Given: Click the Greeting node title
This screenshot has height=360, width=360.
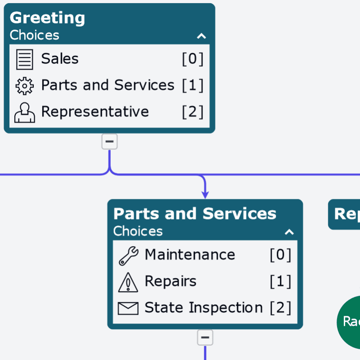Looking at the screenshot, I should (x=47, y=18).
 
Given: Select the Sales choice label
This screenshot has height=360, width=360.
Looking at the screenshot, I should (x=60, y=58).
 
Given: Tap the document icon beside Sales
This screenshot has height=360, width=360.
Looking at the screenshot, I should (x=25, y=59).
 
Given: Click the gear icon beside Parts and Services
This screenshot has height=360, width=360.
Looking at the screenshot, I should (x=25, y=85).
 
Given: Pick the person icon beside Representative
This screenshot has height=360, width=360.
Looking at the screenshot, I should (x=25, y=112).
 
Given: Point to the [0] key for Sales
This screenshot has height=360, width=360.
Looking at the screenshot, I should (x=193, y=58).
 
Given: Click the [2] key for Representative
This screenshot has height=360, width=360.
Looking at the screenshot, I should (x=193, y=112).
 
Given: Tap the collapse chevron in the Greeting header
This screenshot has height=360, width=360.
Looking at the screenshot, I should (x=201, y=36).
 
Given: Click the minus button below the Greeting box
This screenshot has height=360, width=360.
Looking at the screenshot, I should (x=109, y=142).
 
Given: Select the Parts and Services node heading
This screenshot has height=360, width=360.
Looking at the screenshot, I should (x=195, y=213).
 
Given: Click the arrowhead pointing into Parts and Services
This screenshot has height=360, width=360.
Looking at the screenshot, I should (x=205, y=194).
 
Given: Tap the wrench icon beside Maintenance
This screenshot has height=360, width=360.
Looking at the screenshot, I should (x=129, y=255).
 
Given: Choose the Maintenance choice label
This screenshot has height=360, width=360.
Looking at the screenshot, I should (x=190, y=255).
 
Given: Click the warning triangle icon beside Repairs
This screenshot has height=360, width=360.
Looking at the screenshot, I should (x=128, y=282).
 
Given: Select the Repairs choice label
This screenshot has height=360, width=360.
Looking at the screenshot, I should (x=171, y=281).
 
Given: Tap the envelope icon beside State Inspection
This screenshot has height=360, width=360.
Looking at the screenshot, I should (x=128, y=308).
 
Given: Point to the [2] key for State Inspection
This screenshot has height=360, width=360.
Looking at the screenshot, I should (x=280, y=308).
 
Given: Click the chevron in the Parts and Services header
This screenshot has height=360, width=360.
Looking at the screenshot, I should (x=289, y=232).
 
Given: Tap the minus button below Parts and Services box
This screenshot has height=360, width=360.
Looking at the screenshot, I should (x=205, y=337).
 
